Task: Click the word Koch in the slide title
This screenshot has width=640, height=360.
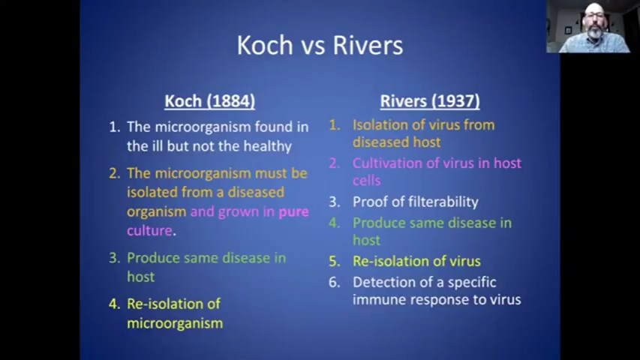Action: [265, 45]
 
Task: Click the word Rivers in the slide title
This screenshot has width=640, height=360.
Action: [368, 45]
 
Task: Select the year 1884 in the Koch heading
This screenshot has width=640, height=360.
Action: [230, 100]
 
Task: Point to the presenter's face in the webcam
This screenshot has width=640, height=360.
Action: [594, 24]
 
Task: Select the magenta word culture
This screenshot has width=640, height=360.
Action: [149, 230]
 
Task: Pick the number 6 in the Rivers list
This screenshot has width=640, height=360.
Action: [334, 282]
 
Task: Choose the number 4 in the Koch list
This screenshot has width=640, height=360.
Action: [113, 304]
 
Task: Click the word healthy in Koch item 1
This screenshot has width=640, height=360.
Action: [268, 146]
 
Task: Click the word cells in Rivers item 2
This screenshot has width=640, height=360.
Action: [367, 181]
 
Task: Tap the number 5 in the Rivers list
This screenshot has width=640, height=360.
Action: [334, 261]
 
